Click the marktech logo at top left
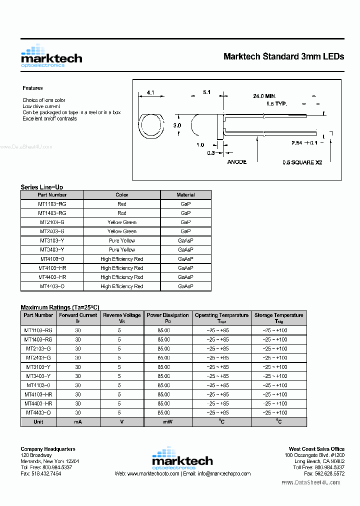(x=51, y=56)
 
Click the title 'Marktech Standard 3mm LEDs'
(x=283, y=56)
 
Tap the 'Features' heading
(x=32, y=88)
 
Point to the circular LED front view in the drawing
(x=150, y=126)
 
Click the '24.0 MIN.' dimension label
(x=264, y=96)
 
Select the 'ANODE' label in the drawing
(x=236, y=162)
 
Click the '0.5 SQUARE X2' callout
(x=302, y=162)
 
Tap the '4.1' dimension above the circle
(x=150, y=92)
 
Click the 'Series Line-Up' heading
(x=41, y=187)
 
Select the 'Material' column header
(x=185, y=195)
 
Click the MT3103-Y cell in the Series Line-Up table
(x=52, y=240)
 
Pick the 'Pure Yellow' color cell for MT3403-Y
(x=122, y=249)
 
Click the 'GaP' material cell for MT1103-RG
(x=185, y=204)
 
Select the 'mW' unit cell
(x=167, y=422)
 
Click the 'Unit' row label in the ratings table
(x=38, y=422)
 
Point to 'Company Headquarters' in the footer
(x=48, y=449)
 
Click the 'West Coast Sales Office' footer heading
(x=316, y=449)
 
